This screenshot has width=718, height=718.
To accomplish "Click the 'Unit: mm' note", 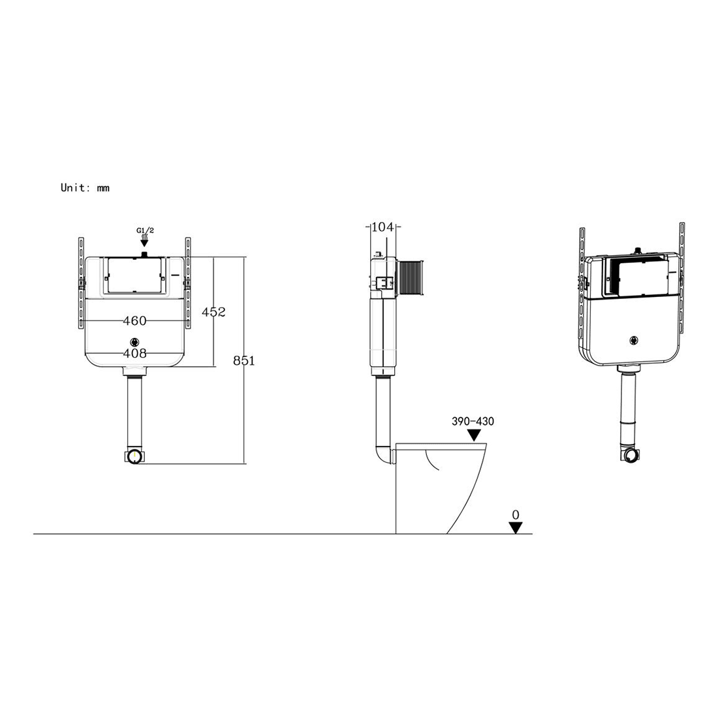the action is coord(85,188).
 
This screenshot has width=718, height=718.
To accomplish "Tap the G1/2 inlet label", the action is coord(145,230).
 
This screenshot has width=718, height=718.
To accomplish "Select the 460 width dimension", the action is coord(134,321).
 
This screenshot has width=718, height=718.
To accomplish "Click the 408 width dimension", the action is coord(134,353).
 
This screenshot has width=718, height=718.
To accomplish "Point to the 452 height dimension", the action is coord(214,312).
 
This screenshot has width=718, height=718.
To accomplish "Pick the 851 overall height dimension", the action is coord(244,361).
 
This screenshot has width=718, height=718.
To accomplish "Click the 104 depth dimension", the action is coord(382,226).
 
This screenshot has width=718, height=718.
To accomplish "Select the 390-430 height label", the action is coord(473,421).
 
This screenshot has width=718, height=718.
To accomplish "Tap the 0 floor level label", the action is coord(516,515).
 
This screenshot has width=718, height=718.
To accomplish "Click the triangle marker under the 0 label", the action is coord(516,528).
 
